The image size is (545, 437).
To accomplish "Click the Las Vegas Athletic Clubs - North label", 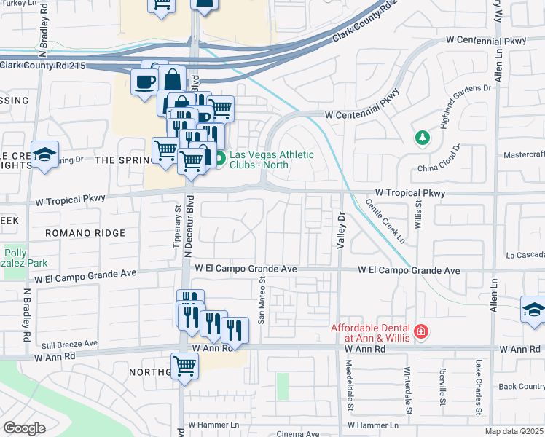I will pyautogui.click(x=272, y=160).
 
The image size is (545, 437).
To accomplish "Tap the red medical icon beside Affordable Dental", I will pyautogui.click(x=420, y=333).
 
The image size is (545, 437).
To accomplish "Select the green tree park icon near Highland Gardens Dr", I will pyautogui.click(x=420, y=138).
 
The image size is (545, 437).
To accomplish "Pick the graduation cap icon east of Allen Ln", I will pyautogui.click(x=533, y=308).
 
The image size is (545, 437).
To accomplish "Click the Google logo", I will pyautogui.click(x=24, y=428).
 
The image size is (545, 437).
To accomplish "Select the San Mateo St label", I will pyautogui.click(x=261, y=304).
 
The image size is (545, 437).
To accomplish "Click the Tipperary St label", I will pyautogui.click(x=177, y=228).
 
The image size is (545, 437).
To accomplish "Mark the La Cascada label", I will pyautogui.click(x=525, y=256).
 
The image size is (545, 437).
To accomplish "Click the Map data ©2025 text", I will pyautogui.click(x=514, y=431).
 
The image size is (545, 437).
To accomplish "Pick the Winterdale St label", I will pyautogui.click(x=407, y=385).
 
